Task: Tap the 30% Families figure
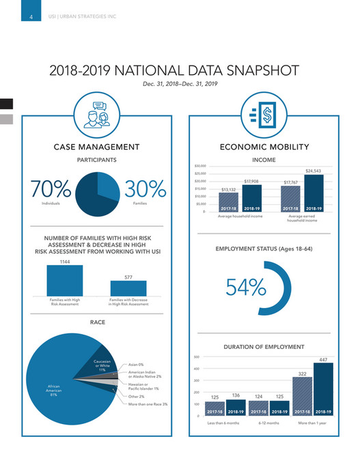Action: pos(145,190)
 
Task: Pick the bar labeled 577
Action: pos(128,287)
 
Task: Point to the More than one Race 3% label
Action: pos(148,404)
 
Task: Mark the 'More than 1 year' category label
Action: pos(312,423)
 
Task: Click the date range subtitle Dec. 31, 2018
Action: pos(180,84)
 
